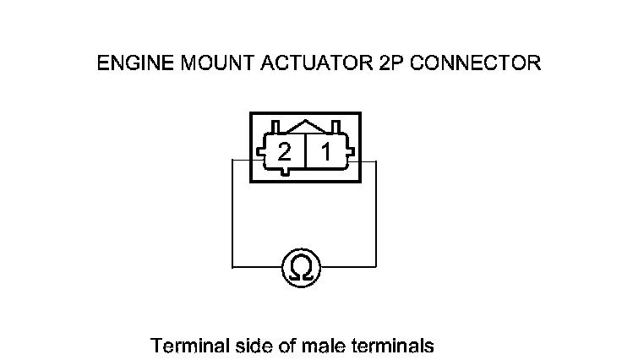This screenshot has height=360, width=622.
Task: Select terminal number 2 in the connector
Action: click(x=285, y=153)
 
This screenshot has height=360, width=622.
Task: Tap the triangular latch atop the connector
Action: click(x=305, y=126)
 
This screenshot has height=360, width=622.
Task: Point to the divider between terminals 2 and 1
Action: click(x=305, y=153)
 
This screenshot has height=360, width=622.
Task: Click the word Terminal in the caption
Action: click(x=182, y=346)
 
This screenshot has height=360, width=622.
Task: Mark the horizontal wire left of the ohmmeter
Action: click(x=256, y=267)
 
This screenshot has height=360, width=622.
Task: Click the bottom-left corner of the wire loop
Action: click(x=232, y=267)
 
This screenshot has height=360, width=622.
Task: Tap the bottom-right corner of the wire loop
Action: click(x=376, y=267)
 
